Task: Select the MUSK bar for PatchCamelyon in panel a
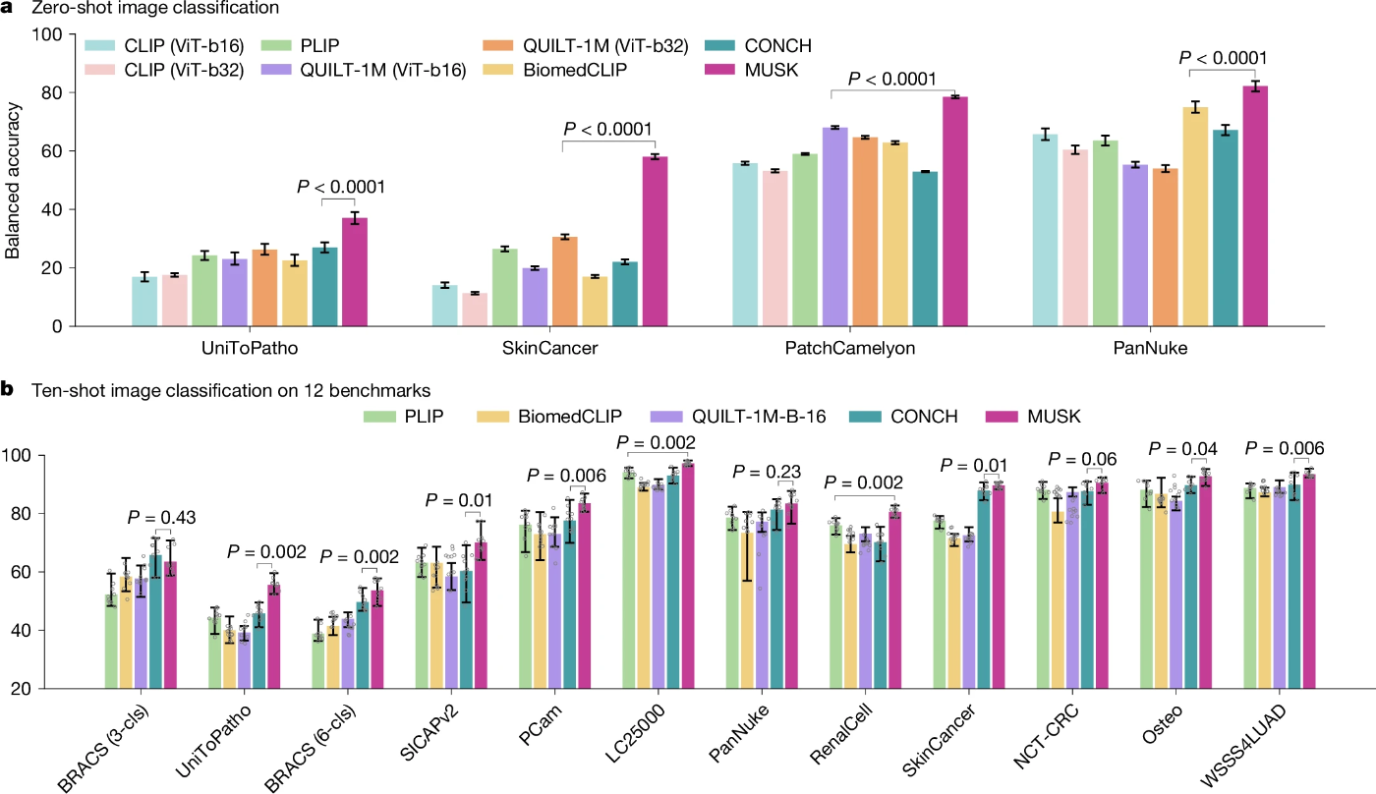coord(955,211)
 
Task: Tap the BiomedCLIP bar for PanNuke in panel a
coord(1195,216)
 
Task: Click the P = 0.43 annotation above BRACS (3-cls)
coord(163,518)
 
